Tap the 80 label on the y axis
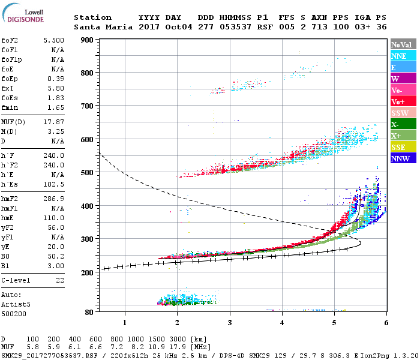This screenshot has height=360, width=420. [x=89, y=312]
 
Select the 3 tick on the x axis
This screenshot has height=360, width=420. [x=230, y=323]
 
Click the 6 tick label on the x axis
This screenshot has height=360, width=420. [x=386, y=323]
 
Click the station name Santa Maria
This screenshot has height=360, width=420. [x=100, y=27]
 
